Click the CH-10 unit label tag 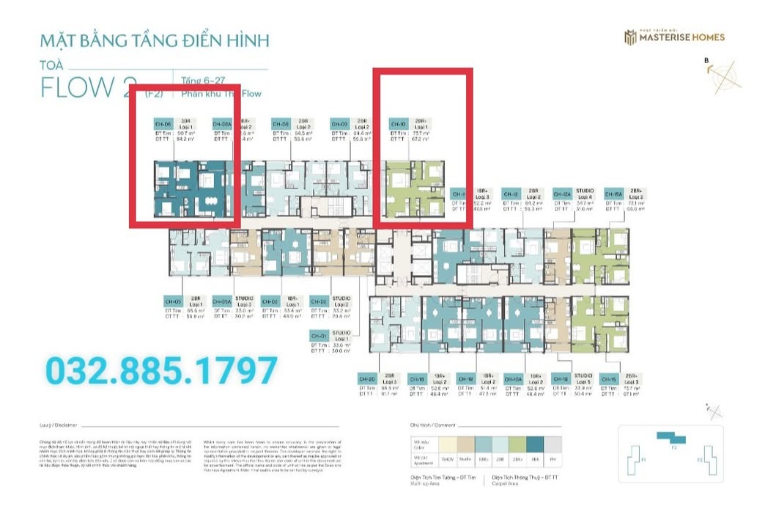coord(398,125)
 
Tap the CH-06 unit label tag coord(163,125)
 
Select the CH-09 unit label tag coord(339,125)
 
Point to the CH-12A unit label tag coord(562,194)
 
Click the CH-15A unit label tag coord(613,194)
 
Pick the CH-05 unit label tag coord(173,301)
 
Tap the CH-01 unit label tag coord(319,336)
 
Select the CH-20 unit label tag coord(367,379)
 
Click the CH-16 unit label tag coord(561,379)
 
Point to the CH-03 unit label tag coord(270,301)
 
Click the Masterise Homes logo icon coord(629,37)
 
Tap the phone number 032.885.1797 coord(162,371)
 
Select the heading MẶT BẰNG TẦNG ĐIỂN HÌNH coord(155,40)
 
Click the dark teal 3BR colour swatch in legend coord(534,444)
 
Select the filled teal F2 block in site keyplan coord(672,439)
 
